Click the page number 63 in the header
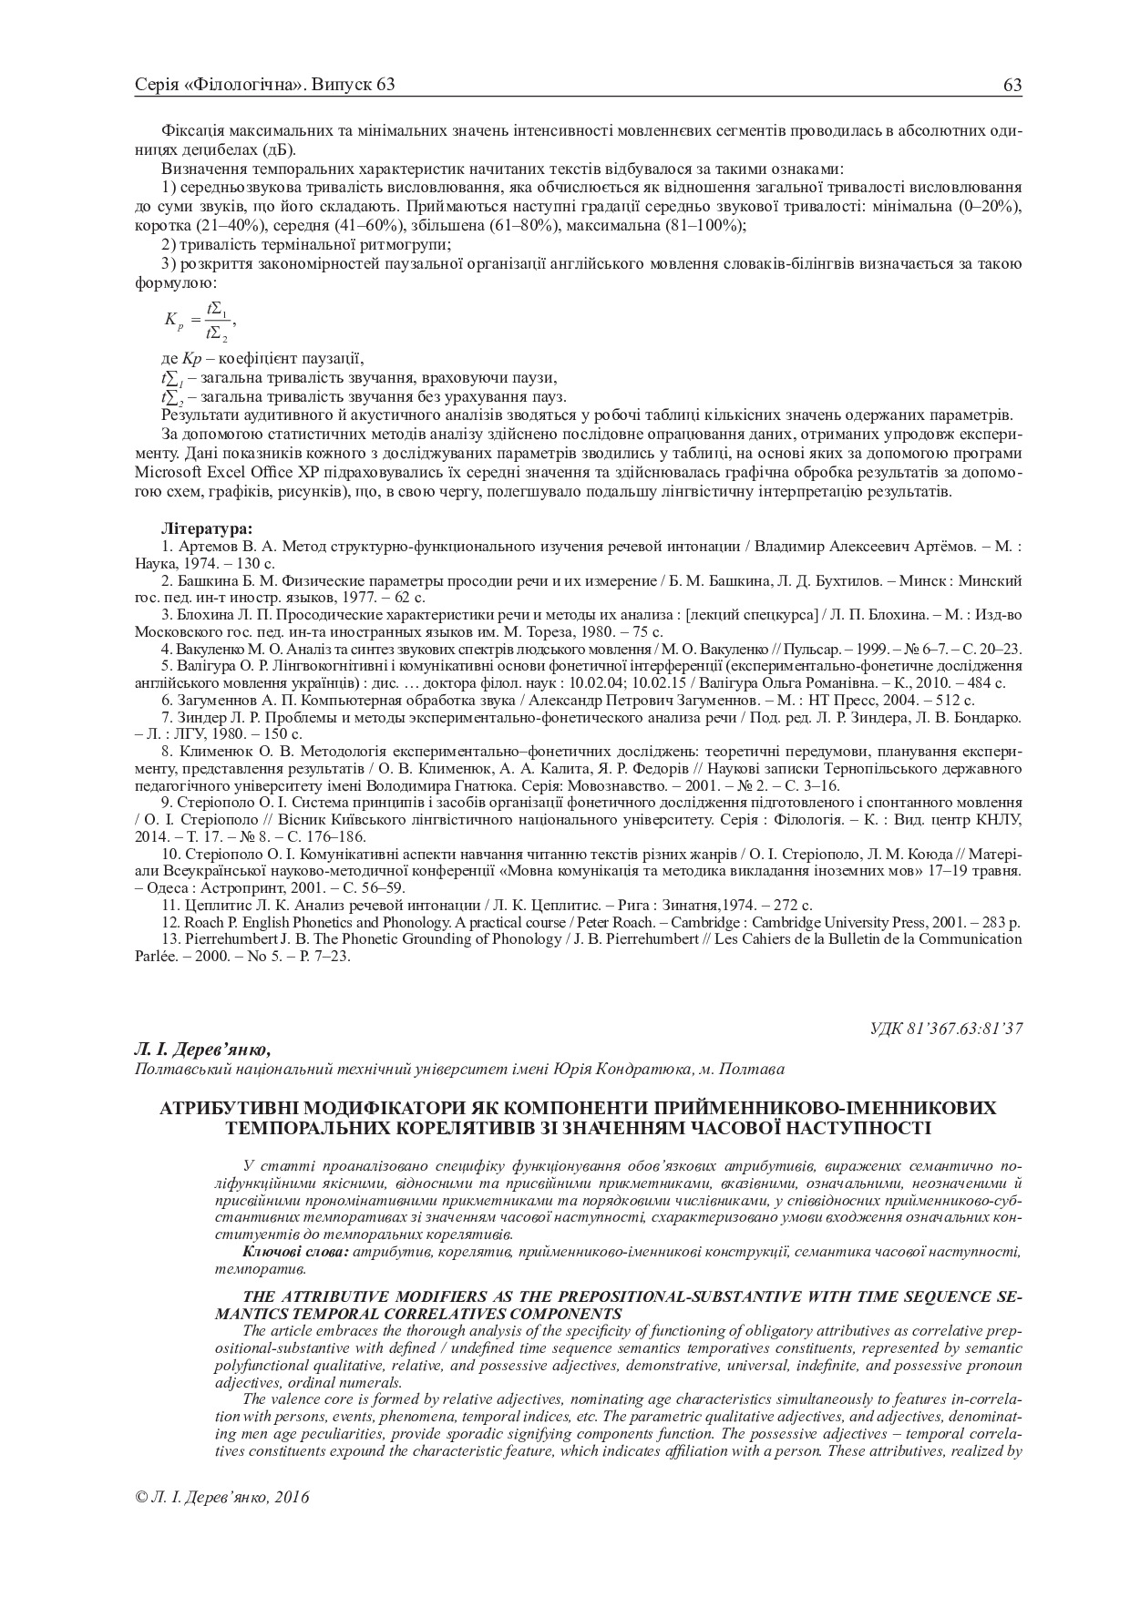pos(1012,86)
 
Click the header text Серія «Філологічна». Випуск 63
pos(264,86)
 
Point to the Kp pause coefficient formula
pos(200,320)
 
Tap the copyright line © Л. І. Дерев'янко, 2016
pos(221,1496)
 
